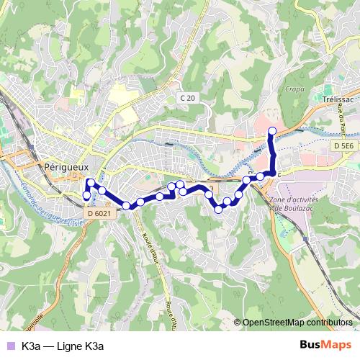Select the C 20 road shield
click(188, 97)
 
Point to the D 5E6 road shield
click(342, 146)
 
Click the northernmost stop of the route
click(272, 130)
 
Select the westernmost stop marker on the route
click(87, 195)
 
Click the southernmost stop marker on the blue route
click(218, 210)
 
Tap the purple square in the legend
click(9, 346)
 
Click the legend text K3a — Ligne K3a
click(63, 346)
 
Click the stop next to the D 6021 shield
click(126, 206)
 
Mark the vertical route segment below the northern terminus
click(272, 151)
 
